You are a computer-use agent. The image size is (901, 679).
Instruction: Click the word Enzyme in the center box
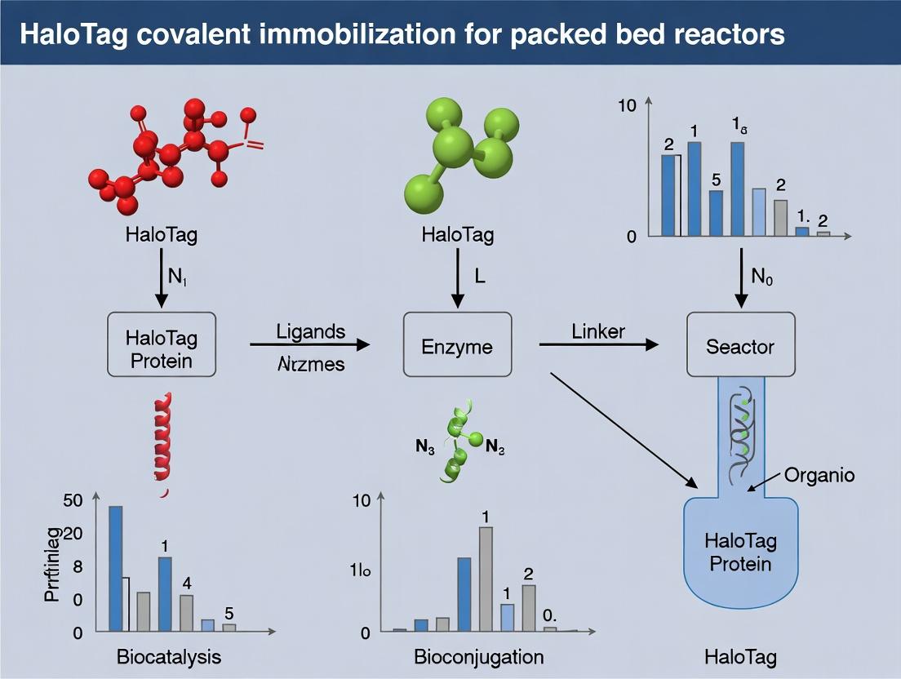point(457,346)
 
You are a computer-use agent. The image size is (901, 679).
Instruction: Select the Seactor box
point(739,346)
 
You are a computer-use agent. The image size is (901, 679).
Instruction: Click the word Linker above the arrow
point(598,331)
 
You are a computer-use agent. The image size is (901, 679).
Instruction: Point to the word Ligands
point(311,331)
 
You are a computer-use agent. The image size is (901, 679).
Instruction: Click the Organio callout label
point(819,475)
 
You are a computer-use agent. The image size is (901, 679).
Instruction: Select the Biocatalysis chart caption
point(169,657)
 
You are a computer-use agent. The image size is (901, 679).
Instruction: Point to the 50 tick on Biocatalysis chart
point(73,500)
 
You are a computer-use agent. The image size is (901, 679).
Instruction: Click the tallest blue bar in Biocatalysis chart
point(116,568)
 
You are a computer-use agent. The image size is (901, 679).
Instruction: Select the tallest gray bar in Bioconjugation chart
point(486,579)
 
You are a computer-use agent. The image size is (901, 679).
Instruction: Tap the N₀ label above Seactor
point(761,277)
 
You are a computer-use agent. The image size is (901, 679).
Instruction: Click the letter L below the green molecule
point(479,277)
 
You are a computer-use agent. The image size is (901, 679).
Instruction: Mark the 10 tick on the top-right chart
point(626,105)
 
